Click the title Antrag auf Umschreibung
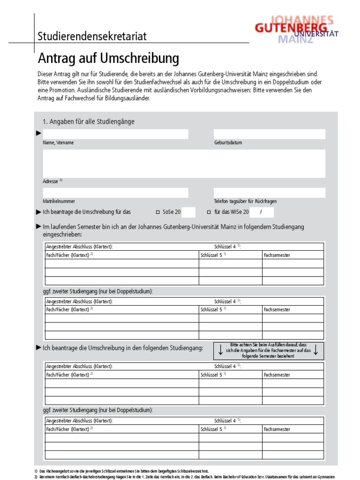pyautogui.click(x=108, y=59)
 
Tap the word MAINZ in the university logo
pyautogui.click(x=295, y=39)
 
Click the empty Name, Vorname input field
pyautogui.click(x=115, y=134)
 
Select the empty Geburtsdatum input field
pyautogui.click(x=269, y=134)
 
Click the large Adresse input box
pyautogui.click(x=184, y=164)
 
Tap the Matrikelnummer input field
pyautogui.click(x=115, y=193)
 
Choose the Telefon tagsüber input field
pyautogui.click(x=269, y=193)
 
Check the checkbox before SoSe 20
pyautogui.click(x=157, y=212)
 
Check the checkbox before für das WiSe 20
pyautogui.click(x=209, y=212)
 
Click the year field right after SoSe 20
pyautogui.click(x=188, y=212)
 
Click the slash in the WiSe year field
pyautogui.click(x=260, y=212)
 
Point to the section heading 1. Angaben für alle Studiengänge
pyautogui.click(x=89, y=121)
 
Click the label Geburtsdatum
pyautogui.click(x=228, y=142)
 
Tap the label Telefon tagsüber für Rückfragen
pyautogui.click(x=245, y=201)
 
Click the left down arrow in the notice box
pyautogui.click(x=220, y=350)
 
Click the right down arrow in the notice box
pyautogui.click(x=316, y=350)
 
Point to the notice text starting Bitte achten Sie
pyautogui.click(x=268, y=350)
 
